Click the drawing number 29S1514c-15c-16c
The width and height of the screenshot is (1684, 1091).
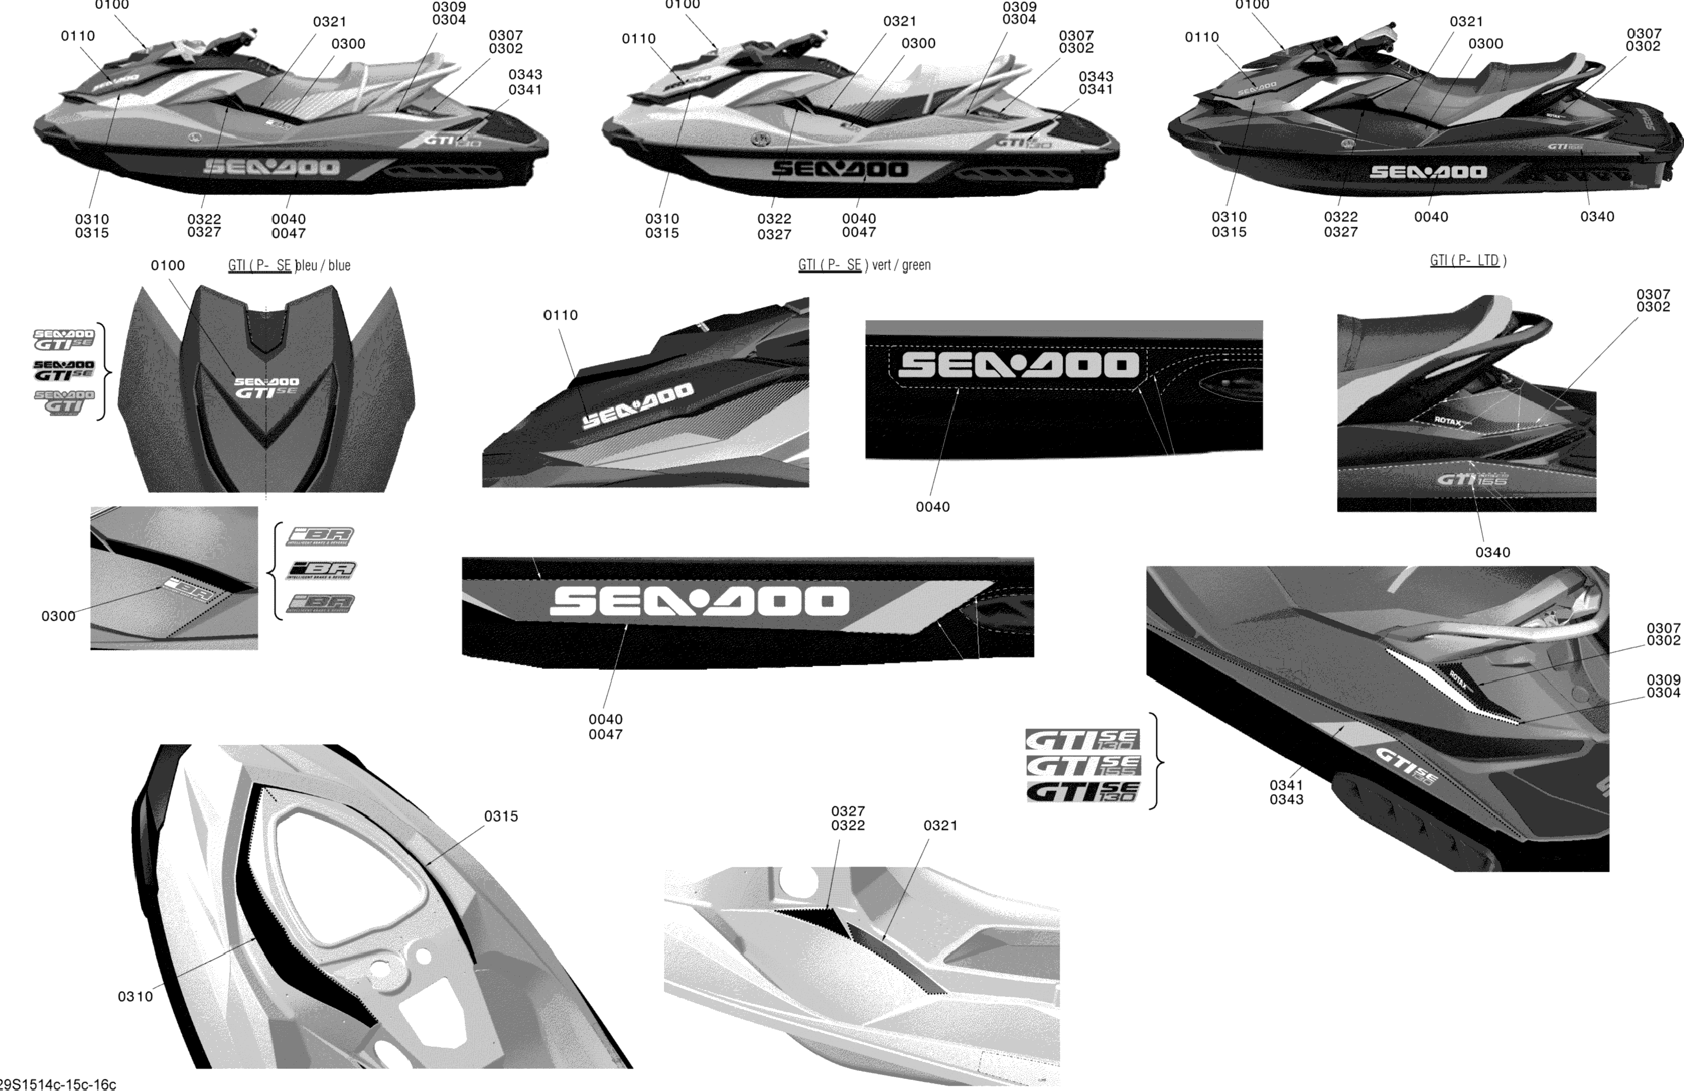tap(58, 1084)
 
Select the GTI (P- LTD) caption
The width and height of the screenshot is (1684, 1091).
tap(1467, 260)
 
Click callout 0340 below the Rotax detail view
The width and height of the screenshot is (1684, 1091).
tap(1492, 552)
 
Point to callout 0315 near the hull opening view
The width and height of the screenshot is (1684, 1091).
tap(501, 816)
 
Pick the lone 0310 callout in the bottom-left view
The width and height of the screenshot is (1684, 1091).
tap(135, 996)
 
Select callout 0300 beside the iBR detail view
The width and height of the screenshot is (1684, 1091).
tap(58, 616)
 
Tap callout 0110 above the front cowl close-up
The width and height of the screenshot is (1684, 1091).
tap(560, 315)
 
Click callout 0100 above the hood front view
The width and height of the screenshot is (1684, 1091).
tap(167, 265)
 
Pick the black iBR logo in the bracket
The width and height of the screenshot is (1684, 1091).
tap(321, 570)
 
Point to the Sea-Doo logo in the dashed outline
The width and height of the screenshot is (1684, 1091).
tap(1017, 365)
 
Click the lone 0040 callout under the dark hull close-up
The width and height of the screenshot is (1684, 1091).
tap(932, 507)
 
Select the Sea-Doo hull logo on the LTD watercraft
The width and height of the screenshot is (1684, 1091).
tap(1428, 172)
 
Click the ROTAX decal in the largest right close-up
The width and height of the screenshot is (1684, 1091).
tap(1457, 680)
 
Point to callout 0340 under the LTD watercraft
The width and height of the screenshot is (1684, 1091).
tap(1597, 217)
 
